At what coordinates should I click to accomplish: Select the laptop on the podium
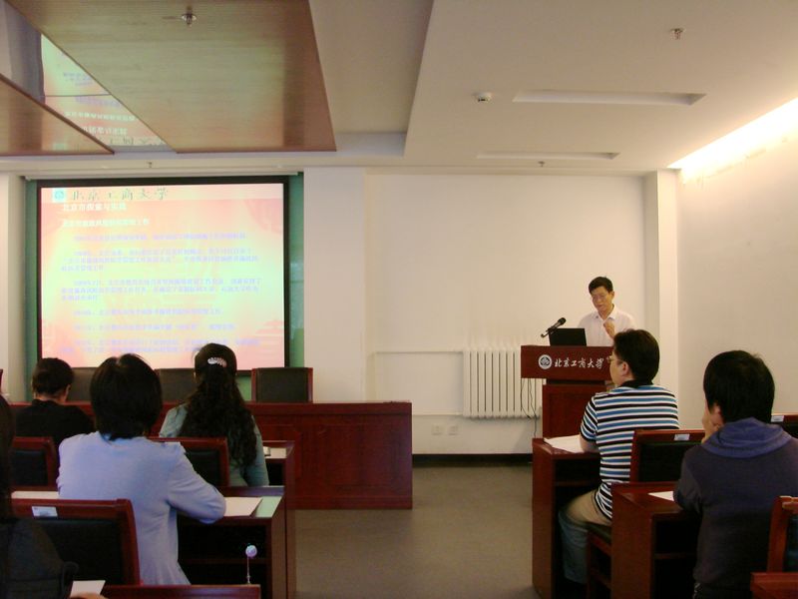(568, 336)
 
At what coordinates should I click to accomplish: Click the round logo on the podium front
(545, 361)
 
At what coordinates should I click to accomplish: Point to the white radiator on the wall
(494, 382)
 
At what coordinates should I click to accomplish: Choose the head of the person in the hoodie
(738, 386)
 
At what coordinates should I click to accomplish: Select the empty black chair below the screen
(281, 384)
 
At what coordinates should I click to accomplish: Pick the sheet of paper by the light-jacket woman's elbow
(241, 506)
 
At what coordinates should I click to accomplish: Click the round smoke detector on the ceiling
(483, 97)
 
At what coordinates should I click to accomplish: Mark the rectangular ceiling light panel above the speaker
(607, 98)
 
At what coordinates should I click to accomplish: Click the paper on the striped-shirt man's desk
(566, 442)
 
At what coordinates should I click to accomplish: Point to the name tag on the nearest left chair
(43, 511)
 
